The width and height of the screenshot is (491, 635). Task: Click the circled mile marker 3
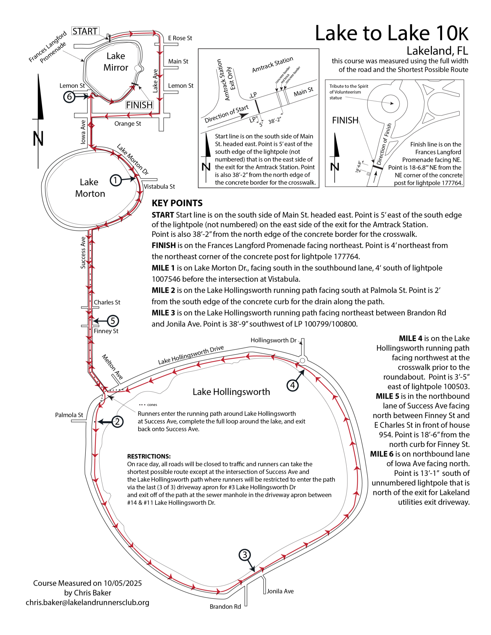click(x=244, y=555)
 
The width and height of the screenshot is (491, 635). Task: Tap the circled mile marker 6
click(x=69, y=97)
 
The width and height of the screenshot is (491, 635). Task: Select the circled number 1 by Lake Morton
click(x=116, y=180)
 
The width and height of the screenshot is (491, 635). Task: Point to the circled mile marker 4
click(x=292, y=385)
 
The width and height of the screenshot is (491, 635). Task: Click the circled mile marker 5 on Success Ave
click(x=113, y=321)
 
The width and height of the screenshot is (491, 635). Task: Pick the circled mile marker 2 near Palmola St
click(x=117, y=422)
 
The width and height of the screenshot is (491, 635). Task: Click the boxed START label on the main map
click(x=85, y=31)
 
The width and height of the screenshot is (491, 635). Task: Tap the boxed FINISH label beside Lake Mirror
click(x=139, y=105)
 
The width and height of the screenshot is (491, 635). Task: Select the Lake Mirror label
click(x=116, y=62)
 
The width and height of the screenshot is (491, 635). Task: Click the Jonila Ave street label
click(x=280, y=591)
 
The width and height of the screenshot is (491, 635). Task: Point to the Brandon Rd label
click(x=225, y=606)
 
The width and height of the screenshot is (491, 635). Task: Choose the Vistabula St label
click(x=159, y=186)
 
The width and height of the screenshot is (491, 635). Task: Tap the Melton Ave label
click(x=112, y=367)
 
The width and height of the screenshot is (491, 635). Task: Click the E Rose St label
click(x=180, y=38)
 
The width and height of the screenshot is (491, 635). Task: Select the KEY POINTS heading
click(x=177, y=203)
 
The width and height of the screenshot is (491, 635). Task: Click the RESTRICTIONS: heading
click(x=149, y=456)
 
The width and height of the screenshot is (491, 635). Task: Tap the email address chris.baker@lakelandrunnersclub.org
click(x=88, y=603)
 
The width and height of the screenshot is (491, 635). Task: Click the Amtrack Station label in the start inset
click(x=273, y=64)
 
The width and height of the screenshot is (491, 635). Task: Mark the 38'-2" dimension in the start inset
click(x=275, y=121)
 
